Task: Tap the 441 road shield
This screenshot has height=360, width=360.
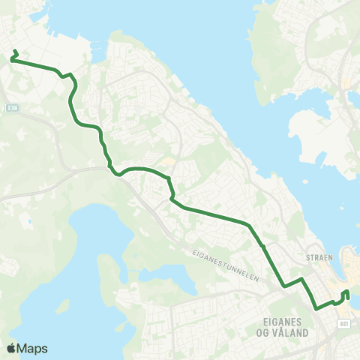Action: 343,323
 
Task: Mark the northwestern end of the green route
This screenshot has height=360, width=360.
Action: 16,50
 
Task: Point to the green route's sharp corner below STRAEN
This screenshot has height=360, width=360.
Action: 301,279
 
